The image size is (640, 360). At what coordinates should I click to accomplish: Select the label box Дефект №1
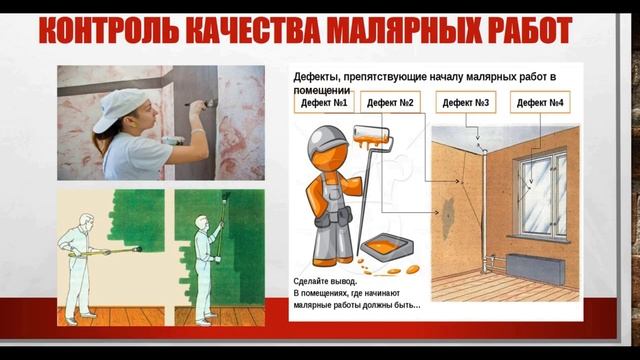point(325,103)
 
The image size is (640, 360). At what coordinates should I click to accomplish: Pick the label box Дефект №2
point(391,103)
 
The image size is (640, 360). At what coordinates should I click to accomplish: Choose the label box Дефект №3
point(467,103)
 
